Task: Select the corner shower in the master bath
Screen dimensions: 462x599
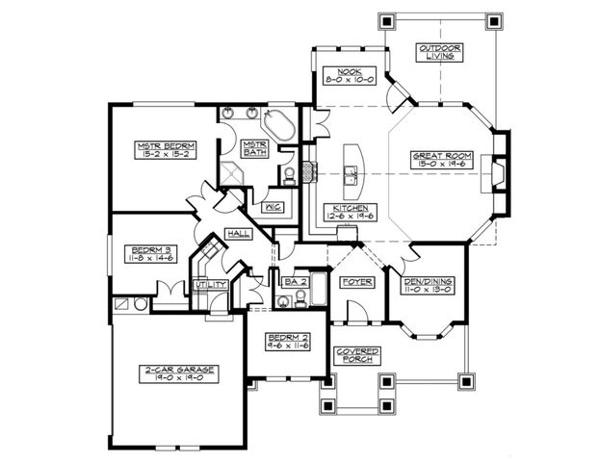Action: pyautogui.click(x=232, y=170)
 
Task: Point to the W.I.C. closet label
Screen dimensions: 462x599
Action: pyautogui.click(x=271, y=206)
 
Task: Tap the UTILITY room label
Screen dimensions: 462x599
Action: pyautogui.click(x=209, y=285)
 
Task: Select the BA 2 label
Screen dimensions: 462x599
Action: pyautogui.click(x=293, y=281)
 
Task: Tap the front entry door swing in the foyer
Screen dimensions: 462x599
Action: pyautogui.click(x=353, y=310)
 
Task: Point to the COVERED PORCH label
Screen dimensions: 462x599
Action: pyautogui.click(x=357, y=354)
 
